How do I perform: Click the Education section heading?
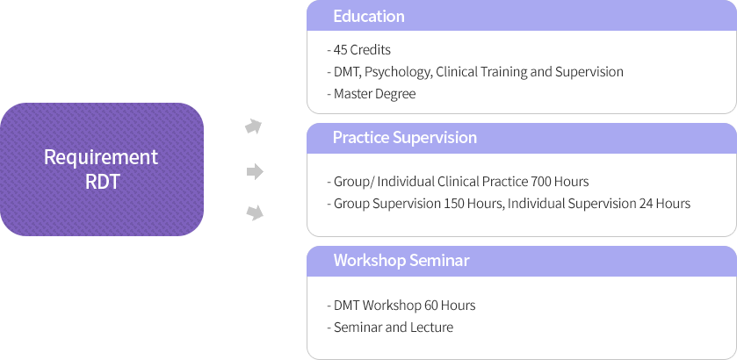tap(369, 16)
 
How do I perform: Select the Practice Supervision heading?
tap(405, 137)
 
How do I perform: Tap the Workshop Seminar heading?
tap(401, 260)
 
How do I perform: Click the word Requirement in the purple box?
tap(101, 158)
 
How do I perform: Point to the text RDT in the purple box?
tap(102, 182)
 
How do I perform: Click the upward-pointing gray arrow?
tap(254, 126)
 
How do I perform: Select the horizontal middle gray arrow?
tap(255, 171)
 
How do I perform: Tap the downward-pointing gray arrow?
tap(254, 212)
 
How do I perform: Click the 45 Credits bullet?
tap(358, 49)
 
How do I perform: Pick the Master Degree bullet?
tap(372, 94)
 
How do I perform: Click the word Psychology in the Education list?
tap(398, 72)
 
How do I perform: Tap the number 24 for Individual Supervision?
tap(646, 204)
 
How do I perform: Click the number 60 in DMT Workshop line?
tap(430, 306)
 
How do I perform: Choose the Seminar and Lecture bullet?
tap(390, 328)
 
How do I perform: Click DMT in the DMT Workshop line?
tap(347, 306)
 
